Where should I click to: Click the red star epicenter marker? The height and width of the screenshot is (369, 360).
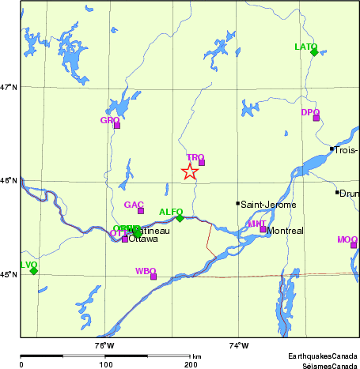[x=190, y=171]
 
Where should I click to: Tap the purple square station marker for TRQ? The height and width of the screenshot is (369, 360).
[x=202, y=163]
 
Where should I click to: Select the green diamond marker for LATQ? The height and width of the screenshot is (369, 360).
[x=314, y=52]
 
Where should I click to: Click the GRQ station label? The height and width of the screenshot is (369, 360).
[x=109, y=120]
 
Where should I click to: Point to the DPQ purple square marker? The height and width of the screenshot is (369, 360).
[x=316, y=118]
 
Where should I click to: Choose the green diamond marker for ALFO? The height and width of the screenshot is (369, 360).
[x=180, y=218]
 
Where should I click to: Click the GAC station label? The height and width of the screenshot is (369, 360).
[x=134, y=205]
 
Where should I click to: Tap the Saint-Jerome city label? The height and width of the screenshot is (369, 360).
[x=269, y=204]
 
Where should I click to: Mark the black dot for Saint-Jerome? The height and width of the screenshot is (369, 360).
[x=237, y=203]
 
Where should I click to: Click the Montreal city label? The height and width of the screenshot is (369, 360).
[x=286, y=231]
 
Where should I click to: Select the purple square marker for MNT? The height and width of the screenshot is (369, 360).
[x=263, y=229]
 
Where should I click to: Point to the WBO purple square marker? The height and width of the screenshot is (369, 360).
[x=153, y=277]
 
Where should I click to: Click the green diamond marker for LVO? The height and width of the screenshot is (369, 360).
[x=34, y=271]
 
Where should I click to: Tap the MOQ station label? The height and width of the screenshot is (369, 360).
[x=347, y=239]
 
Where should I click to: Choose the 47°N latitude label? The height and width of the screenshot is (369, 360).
[x=9, y=87]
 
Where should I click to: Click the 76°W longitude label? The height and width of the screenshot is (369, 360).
[x=104, y=345]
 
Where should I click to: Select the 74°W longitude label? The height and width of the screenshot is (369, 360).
[x=238, y=345]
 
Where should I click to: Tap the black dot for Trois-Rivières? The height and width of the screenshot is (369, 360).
[x=331, y=149]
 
